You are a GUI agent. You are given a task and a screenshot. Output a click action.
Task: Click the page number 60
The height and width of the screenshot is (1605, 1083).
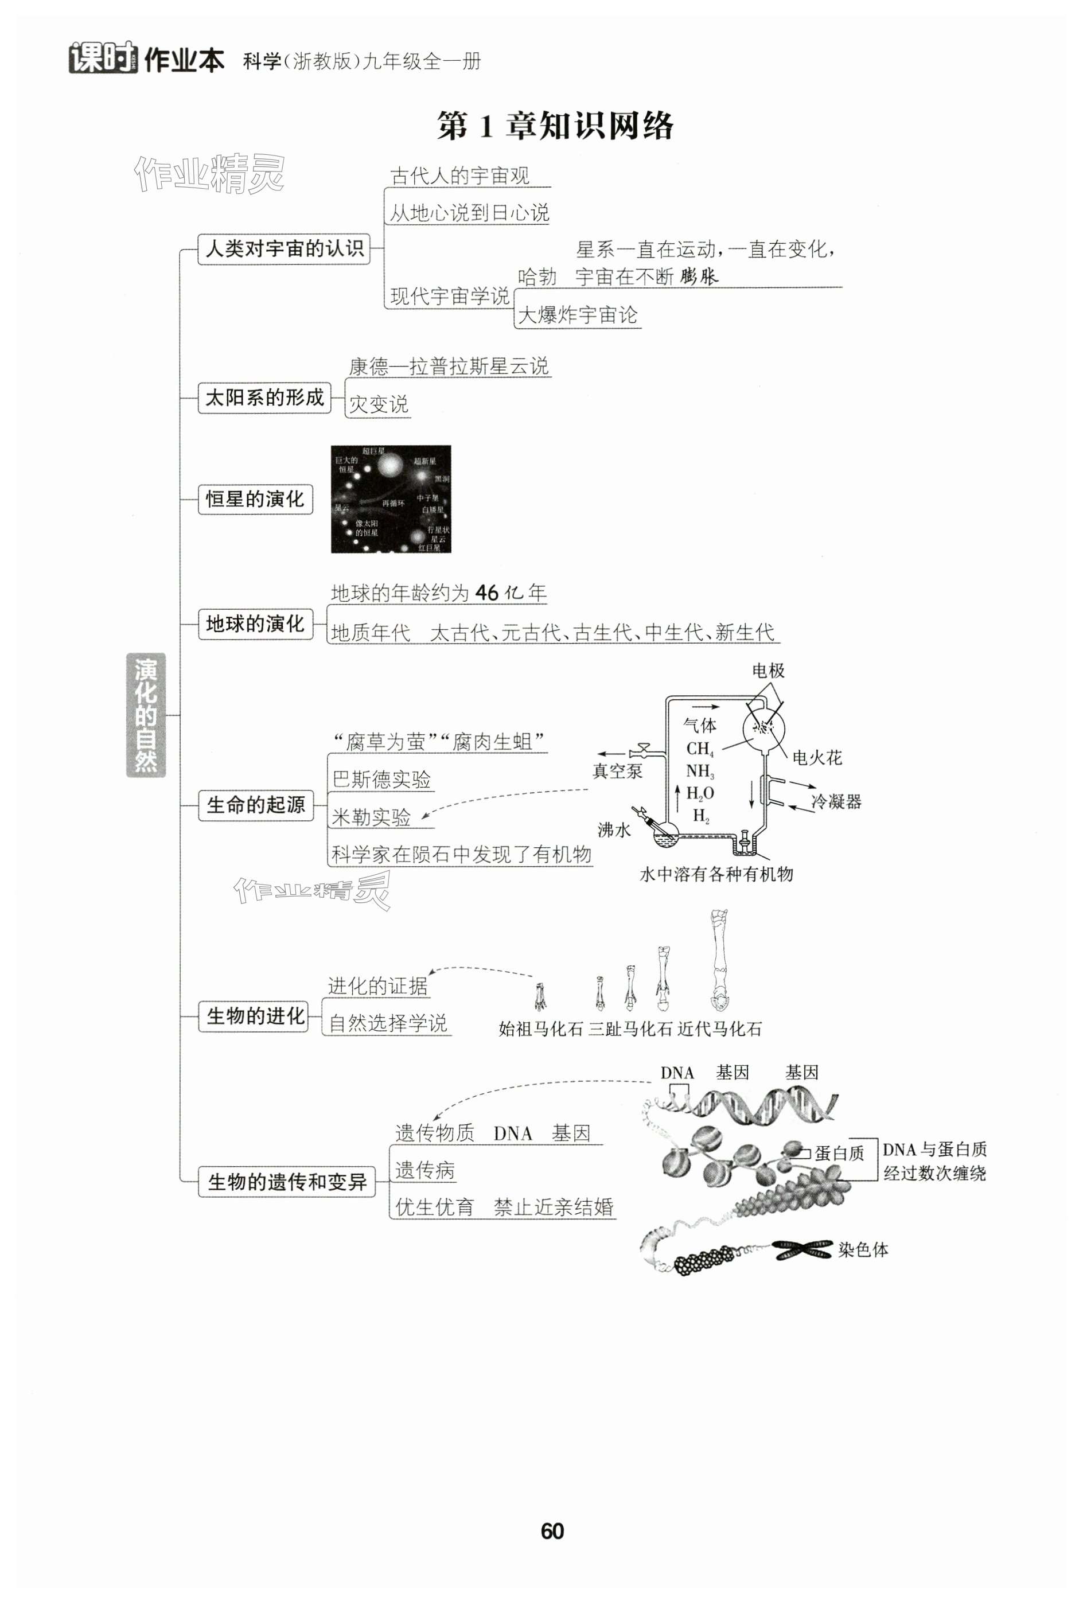(552, 1531)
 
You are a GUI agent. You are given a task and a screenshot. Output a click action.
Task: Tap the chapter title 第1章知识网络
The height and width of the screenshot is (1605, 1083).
(555, 126)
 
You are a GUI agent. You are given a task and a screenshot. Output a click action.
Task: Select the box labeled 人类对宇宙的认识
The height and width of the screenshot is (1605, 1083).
(284, 248)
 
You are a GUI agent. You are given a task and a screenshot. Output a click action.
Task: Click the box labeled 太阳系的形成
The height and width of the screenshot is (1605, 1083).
(264, 398)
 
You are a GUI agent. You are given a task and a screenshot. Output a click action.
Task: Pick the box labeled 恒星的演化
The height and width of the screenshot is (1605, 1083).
(255, 499)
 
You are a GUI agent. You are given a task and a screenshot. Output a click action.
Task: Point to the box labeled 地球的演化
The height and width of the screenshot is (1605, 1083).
(255, 624)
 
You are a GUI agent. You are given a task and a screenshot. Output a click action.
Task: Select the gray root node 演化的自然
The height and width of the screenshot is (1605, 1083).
(146, 715)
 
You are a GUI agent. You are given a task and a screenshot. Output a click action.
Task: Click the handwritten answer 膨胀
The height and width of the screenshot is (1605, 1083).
(699, 277)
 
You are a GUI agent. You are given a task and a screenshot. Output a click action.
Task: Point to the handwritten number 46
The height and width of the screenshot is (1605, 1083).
(487, 593)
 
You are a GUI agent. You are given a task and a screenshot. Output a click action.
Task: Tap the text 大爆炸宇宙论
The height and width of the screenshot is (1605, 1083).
(578, 315)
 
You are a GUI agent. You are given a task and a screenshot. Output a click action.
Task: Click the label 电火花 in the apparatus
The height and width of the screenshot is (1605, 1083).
(817, 758)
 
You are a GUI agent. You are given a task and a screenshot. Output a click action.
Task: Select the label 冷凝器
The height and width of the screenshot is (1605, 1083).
(836, 801)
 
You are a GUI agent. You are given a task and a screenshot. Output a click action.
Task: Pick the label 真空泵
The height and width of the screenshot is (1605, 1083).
(617, 772)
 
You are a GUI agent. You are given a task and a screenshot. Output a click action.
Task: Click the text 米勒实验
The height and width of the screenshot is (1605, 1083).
(371, 817)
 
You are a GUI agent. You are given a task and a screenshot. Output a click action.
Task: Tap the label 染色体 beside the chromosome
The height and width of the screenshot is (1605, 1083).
(863, 1249)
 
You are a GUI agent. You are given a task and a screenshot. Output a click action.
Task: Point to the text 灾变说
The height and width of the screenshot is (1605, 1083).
(379, 404)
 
